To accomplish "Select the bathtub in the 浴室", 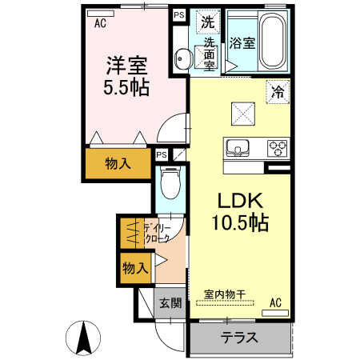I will point(272,42).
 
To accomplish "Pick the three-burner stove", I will point(277,148).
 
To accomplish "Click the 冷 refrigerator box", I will point(277,92).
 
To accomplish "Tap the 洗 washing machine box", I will point(207,22).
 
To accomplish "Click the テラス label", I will point(239,337).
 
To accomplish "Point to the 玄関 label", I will point(169,303).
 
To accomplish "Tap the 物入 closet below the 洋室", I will point(118,163).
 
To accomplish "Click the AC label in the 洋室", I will point(100,23).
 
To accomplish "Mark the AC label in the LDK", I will point(275,302).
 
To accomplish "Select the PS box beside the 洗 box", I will point(178,14).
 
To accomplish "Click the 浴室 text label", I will point(242,43).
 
